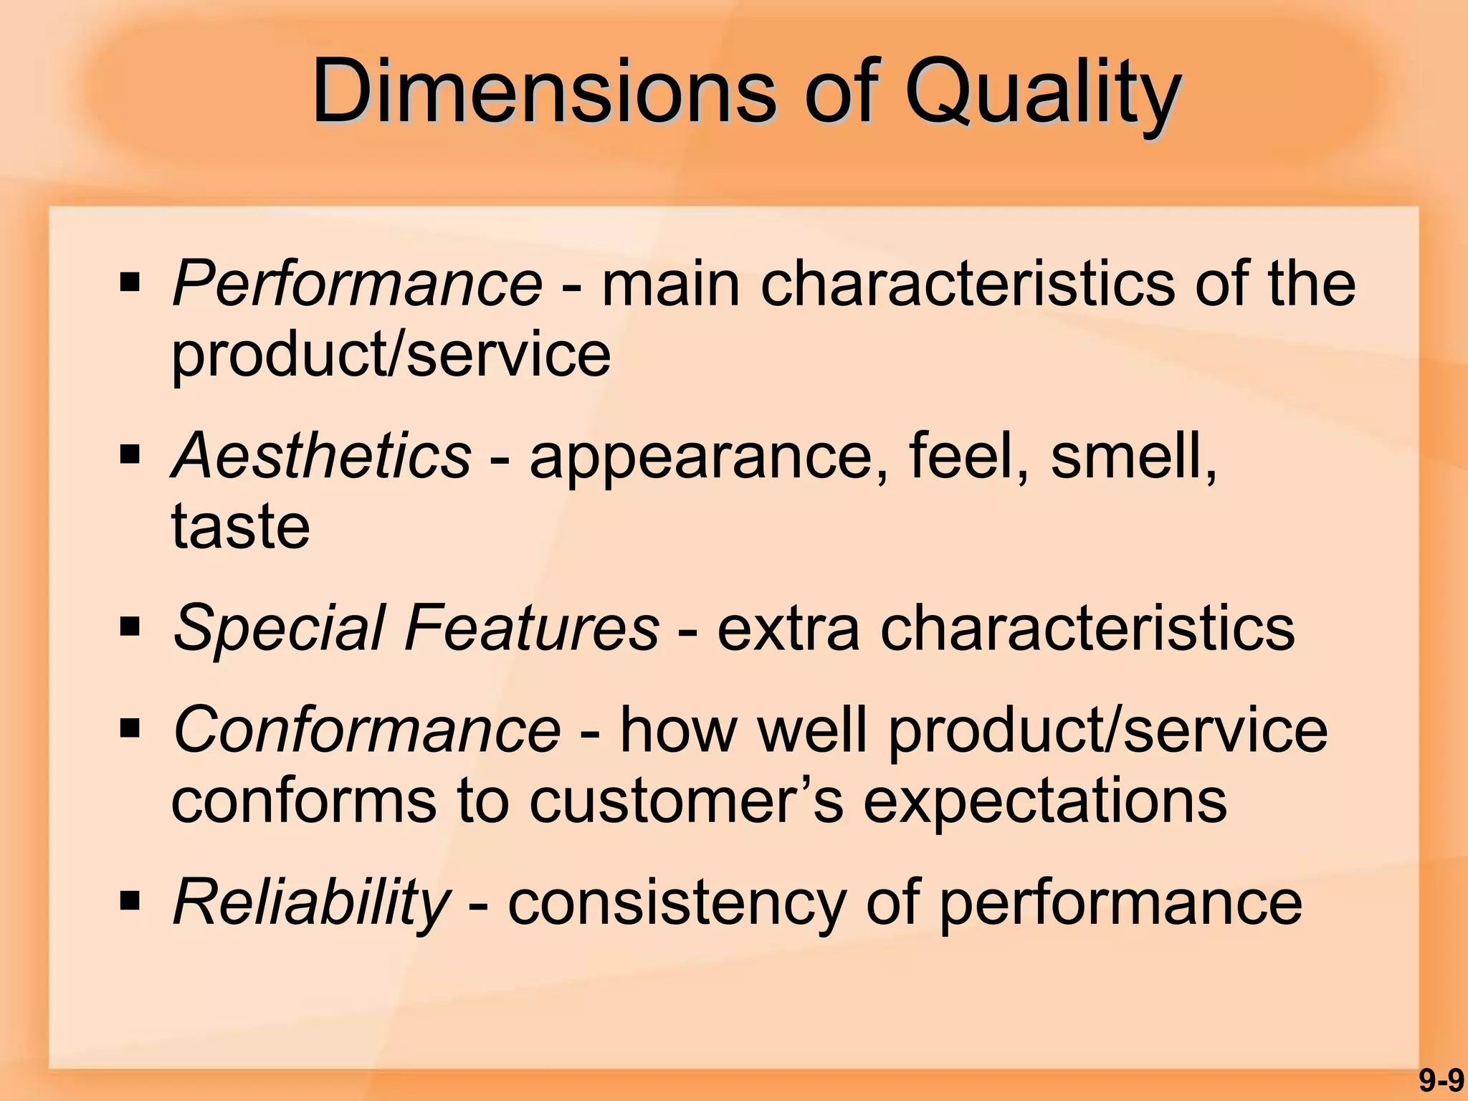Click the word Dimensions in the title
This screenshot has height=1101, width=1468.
(545, 93)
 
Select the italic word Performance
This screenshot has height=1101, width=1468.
(357, 285)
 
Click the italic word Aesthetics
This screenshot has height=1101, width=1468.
(321, 457)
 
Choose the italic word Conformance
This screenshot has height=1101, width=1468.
(366, 730)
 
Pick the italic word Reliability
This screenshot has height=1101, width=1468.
(311, 903)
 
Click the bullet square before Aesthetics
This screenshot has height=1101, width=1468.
(130, 455)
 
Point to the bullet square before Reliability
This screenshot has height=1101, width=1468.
(130, 900)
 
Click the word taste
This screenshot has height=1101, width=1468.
(241, 528)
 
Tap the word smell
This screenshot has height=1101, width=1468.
(1133, 457)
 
